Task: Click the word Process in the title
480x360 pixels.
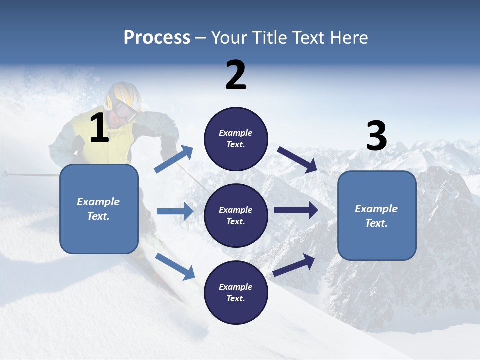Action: (157, 38)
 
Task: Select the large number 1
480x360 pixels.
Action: (99, 128)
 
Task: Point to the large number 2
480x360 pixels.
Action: (236, 75)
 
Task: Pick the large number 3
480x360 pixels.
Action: (377, 136)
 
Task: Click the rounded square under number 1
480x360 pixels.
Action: (99, 209)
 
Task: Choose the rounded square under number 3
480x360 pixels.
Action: (377, 216)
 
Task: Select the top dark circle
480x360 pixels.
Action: (236, 139)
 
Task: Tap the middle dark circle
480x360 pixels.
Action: (236, 215)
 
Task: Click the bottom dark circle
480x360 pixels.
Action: (236, 292)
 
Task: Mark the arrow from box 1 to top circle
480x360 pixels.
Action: (174, 159)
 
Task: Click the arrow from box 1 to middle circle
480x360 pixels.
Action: (175, 211)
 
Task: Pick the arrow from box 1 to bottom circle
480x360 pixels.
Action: (175, 266)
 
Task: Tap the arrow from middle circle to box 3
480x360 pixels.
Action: (296, 210)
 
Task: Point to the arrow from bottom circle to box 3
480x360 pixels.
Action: (294, 265)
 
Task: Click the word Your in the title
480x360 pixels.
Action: (229, 38)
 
